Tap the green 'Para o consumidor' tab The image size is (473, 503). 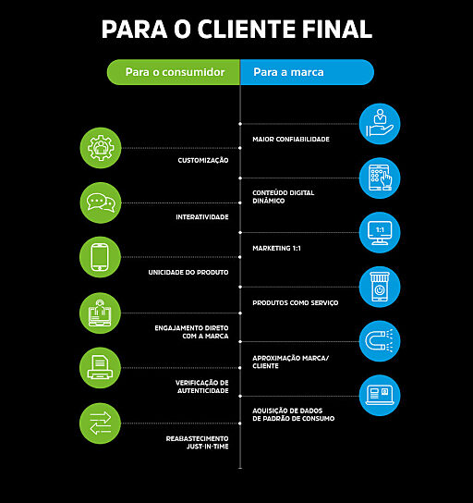click(174, 72)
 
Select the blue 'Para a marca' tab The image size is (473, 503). click(307, 72)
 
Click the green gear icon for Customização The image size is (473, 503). click(101, 148)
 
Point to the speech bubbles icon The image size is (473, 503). click(101, 202)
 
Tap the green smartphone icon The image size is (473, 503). click(100, 257)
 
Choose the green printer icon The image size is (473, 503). click(100, 368)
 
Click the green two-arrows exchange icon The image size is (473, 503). click(100, 423)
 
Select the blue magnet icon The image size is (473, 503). click(380, 341)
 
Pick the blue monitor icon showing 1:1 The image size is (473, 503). click(380, 233)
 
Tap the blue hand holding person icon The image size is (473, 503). click(380, 124)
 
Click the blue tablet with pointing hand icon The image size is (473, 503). click(380, 178)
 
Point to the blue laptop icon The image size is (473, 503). click(380, 395)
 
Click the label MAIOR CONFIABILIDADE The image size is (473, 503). click(291, 140)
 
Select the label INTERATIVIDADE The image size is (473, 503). click(202, 217)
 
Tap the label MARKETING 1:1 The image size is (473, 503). click(276, 249)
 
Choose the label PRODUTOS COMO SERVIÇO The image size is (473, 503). click(296, 303)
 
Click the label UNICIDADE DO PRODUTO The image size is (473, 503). click(188, 273)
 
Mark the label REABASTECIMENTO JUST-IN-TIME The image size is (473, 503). click(198, 442)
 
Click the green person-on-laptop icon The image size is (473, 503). click(100, 313)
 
